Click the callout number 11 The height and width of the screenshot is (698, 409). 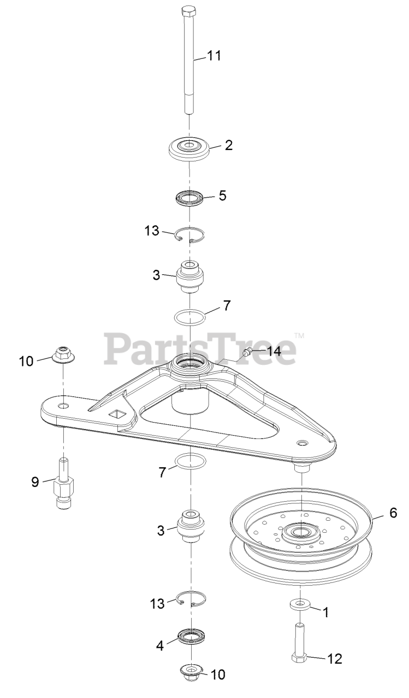pyautogui.click(x=214, y=55)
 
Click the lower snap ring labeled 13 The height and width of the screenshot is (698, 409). pyautogui.click(x=191, y=600)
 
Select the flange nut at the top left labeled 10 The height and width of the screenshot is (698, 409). pyautogui.click(x=64, y=356)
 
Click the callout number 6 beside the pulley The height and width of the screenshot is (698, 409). pyautogui.click(x=393, y=513)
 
